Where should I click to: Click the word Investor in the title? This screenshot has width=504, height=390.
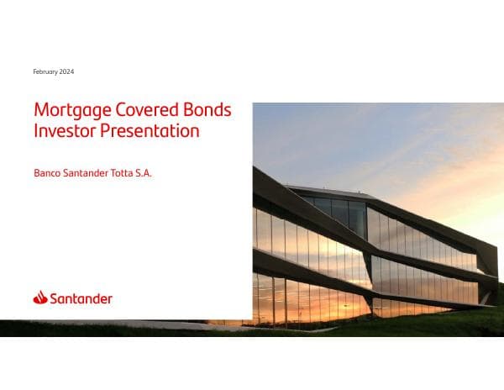60,131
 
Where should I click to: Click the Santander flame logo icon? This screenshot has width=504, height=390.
40,297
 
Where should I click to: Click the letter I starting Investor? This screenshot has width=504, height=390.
35,131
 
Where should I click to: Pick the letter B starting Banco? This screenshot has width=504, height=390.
36,175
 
